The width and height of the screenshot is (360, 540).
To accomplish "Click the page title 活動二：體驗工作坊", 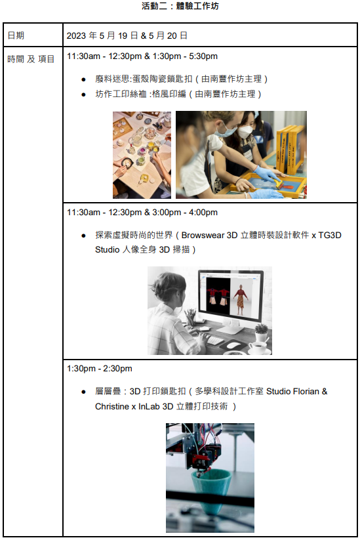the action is (x=180, y=6).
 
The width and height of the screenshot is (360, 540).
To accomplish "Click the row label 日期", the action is (x=16, y=35).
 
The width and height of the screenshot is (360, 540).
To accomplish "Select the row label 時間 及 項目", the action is (x=31, y=59).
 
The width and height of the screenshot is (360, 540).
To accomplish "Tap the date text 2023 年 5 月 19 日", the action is (x=102, y=35).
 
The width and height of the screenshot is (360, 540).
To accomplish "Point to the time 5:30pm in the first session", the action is (x=203, y=56).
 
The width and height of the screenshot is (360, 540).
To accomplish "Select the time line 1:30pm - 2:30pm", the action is (x=100, y=369).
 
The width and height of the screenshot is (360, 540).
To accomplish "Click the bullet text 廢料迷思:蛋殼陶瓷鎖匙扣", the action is (x=144, y=79).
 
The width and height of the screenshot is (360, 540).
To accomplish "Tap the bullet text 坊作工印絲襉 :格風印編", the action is (x=140, y=94).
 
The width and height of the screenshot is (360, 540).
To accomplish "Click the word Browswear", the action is (x=203, y=235).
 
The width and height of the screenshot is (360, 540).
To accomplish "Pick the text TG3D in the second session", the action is (x=330, y=235).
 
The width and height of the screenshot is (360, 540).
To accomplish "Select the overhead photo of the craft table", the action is (x=142, y=155).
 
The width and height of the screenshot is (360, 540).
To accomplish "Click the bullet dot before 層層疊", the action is (x=83, y=392).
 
